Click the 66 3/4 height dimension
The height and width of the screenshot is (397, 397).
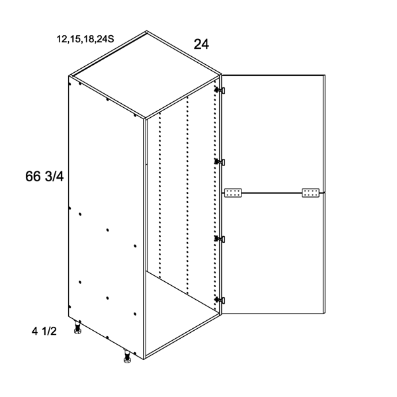coord(44,176)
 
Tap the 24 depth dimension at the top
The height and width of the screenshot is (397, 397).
coord(201,44)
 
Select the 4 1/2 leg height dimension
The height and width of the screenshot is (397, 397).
coord(44,331)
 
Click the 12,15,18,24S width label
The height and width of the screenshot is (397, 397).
coord(85,39)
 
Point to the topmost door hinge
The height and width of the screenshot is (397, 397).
coord(220,90)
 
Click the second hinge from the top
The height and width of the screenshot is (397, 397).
coord(220,161)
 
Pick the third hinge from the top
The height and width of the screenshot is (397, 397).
coord(220,239)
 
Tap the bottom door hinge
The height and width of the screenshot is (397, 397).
coord(220,300)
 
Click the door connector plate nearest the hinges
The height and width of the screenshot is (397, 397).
coord(233,193)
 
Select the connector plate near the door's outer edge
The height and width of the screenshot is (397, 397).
coord(311,193)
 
